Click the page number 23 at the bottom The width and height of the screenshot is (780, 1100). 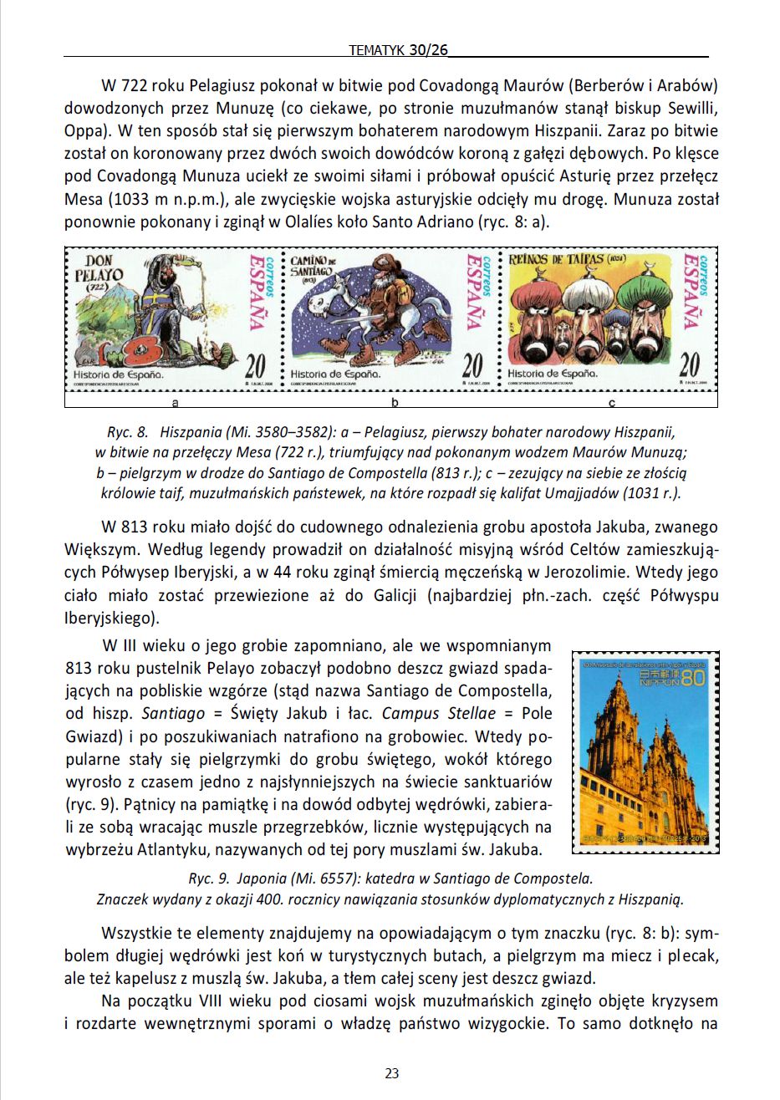pos(391,1073)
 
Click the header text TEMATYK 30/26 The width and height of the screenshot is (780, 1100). pos(397,50)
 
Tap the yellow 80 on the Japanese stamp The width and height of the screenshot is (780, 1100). pos(692,680)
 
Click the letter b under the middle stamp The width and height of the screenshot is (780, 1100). pos(394,403)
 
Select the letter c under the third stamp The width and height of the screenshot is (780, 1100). pos(612,403)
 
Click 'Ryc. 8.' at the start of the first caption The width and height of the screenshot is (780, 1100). pos(127,433)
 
